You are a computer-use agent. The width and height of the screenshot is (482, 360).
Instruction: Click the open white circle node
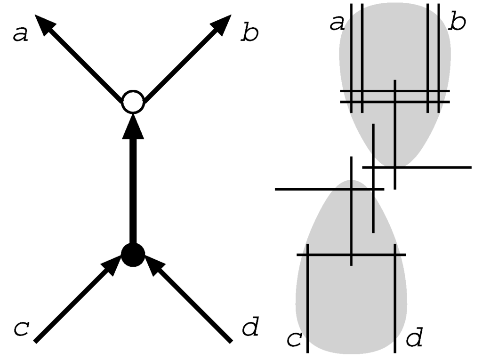coord(132,102)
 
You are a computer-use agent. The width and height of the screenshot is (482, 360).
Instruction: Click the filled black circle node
coord(133,255)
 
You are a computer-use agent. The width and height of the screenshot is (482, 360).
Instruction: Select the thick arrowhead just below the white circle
coord(133,128)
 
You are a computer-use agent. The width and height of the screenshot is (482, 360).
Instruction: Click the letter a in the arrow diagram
coord(20,34)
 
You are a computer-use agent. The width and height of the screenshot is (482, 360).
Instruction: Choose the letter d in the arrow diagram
coord(249,328)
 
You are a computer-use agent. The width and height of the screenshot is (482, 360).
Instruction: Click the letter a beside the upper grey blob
coord(337,23)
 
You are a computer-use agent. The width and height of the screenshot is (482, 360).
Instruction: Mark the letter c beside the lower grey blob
coord(294,339)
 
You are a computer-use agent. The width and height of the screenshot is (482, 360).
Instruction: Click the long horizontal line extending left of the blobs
coord(306,189)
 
